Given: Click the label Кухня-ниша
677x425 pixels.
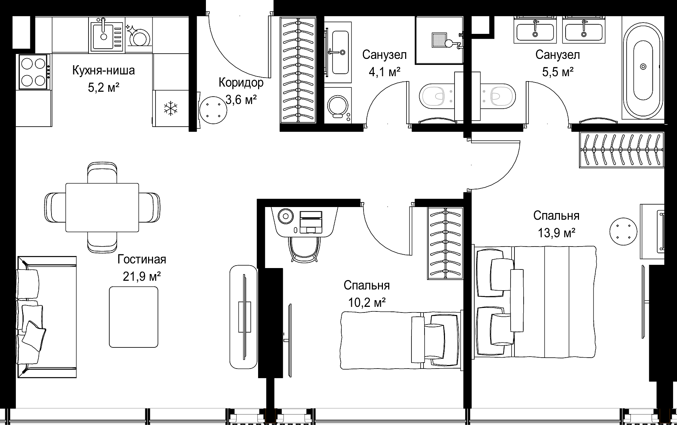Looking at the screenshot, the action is click(104, 70).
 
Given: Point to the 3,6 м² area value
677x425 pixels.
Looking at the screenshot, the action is click(241, 100).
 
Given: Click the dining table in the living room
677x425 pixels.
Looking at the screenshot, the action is click(102, 207).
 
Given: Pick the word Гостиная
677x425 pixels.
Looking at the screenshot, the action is click(142, 259).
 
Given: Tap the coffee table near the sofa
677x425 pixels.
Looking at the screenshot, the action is click(134, 317).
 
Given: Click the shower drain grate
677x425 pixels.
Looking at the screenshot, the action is click(439, 40).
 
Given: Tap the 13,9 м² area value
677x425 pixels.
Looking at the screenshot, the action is click(557, 233).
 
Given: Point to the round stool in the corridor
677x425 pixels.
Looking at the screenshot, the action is click(213, 110).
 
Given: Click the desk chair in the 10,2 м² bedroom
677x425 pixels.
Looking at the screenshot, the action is click(304, 249).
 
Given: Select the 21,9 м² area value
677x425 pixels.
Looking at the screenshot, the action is click(142, 276).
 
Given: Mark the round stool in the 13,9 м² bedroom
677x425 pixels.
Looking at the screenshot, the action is click(623, 231).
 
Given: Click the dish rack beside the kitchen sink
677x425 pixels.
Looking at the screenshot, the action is click(138, 35).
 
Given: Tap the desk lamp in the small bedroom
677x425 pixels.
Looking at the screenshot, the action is click(286, 216).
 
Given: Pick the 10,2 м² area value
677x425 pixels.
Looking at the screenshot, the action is click(367, 302).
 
